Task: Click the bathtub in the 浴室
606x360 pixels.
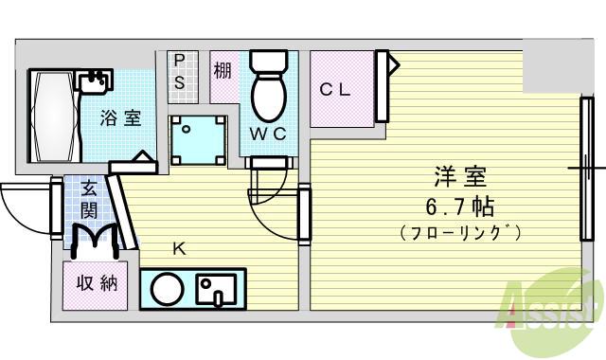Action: click(54, 117)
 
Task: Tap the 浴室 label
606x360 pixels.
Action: click(122, 118)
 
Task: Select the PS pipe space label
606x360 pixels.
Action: click(179, 70)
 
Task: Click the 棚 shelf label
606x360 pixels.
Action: click(223, 70)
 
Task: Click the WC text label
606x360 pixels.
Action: click(268, 134)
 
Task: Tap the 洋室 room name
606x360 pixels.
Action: click(460, 177)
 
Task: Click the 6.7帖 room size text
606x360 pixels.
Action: click(460, 207)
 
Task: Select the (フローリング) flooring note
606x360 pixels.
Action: click(460, 232)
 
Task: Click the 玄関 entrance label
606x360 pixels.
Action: click(89, 199)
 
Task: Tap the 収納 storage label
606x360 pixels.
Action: click(97, 283)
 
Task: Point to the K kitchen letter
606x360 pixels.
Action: click(178, 249)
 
